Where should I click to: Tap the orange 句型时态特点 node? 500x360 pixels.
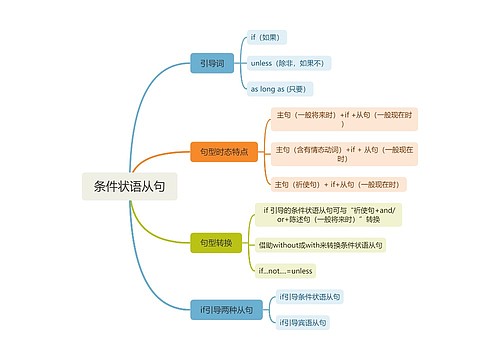coord(224,151)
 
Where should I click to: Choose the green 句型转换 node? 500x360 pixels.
coord(215,242)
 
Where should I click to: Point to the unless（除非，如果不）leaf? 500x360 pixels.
coord(289,63)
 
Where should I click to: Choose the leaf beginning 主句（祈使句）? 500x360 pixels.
coord(340,184)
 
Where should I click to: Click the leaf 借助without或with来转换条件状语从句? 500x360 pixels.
coord(320,245)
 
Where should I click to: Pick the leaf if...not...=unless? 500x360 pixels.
coord(286,270)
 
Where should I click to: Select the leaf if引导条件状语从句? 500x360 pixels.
coord(310,297)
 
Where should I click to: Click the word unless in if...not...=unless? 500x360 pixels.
coord(301,270)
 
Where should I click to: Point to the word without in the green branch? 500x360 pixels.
coord(286,245)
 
